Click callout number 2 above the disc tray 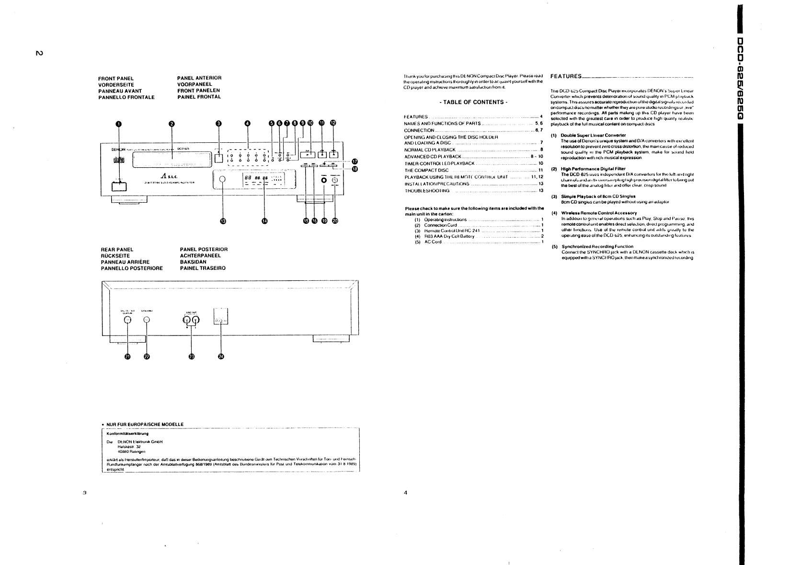pyautogui.click(x=172, y=123)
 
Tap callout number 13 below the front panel pyautogui.click(x=222, y=220)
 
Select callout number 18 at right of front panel pyautogui.click(x=355, y=169)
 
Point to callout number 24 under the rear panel pyautogui.click(x=221, y=356)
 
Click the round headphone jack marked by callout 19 pyautogui.click(x=324, y=181)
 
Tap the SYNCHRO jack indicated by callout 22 pyautogui.click(x=147, y=321)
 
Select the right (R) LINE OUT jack pyautogui.click(x=187, y=317)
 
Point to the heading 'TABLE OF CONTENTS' pyautogui.click(x=473, y=102)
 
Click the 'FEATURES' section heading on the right pyautogui.click(x=566, y=76)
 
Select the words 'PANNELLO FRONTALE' pyautogui.click(x=126, y=97)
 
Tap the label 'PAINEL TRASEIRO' pyautogui.click(x=203, y=268)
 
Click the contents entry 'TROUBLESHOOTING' pyautogui.click(x=427, y=190)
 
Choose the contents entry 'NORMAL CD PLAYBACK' pyautogui.click(x=430, y=150)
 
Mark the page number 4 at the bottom pyautogui.click(x=405, y=492)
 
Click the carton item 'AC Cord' pyautogui.click(x=433, y=242)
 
